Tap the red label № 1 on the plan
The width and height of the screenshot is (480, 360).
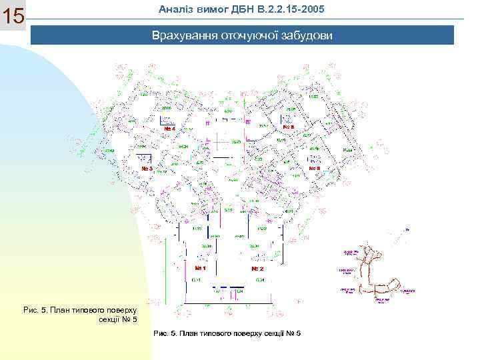200,268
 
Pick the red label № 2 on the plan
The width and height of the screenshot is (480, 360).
257,268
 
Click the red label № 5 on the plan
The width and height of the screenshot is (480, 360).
289,127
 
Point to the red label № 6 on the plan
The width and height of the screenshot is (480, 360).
315,169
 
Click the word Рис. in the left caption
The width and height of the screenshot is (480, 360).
31,311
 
